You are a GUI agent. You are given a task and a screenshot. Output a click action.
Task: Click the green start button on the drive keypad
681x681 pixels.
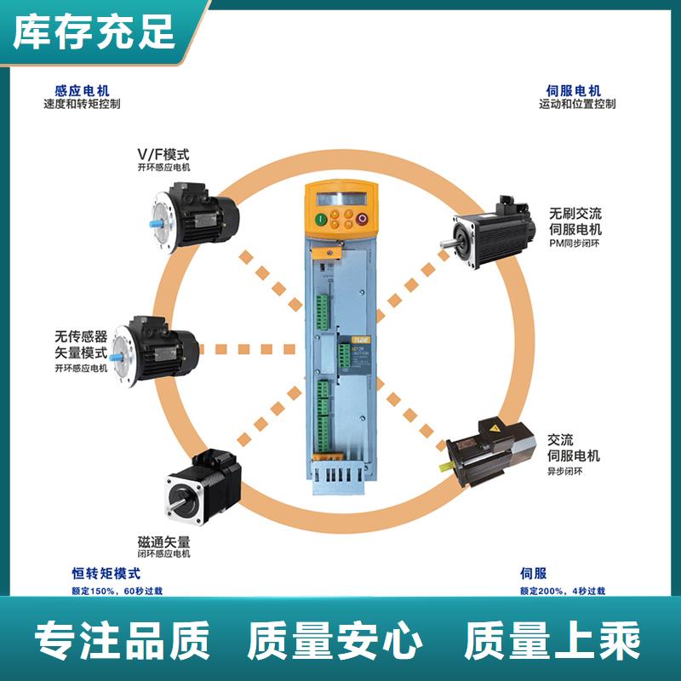(x=321, y=220)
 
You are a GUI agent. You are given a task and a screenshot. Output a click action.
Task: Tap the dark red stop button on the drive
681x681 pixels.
(x=361, y=220)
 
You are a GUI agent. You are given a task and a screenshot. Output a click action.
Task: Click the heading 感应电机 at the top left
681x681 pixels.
(x=82, y=90)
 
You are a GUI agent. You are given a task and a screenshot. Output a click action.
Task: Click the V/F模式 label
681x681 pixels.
(x=163, y=154)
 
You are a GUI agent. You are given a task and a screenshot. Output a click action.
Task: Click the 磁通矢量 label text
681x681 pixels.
(x=163, y=541)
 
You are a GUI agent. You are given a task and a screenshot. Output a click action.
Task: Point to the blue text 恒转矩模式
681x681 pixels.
(x=106, y=574)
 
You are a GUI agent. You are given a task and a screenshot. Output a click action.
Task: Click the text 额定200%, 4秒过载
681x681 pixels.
(x=562, y=590)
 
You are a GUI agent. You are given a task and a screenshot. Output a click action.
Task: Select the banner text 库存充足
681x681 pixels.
(x=94, y=31)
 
